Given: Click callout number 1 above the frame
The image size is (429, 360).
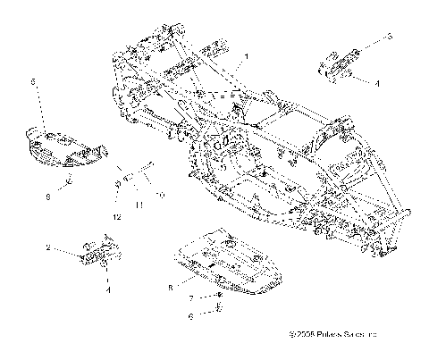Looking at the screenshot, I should pos(247,55).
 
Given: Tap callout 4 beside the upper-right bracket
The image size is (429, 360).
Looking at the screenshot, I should pos(376,82).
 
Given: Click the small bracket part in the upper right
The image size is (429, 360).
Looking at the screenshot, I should pos(337,67).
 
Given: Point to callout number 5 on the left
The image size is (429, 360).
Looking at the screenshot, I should pos(33,81).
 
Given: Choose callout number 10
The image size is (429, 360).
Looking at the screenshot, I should pos(159,194).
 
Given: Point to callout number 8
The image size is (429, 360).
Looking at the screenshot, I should pos(170,287).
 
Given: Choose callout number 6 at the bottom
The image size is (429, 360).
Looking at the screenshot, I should pos(190,315).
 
